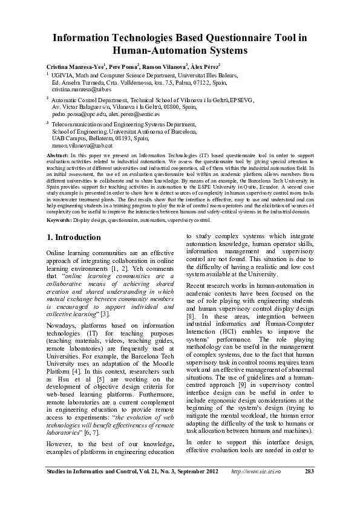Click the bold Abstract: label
(57, 155)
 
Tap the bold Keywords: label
(60, 221)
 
